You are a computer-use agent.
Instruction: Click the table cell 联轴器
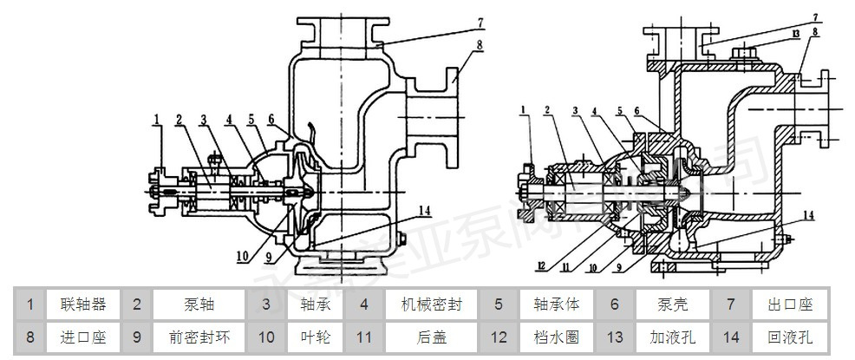pos(83,304)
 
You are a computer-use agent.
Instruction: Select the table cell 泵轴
pos(199,304)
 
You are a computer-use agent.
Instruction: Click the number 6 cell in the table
pos(614,304)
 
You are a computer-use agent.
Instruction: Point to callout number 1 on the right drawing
pos(525,108)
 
